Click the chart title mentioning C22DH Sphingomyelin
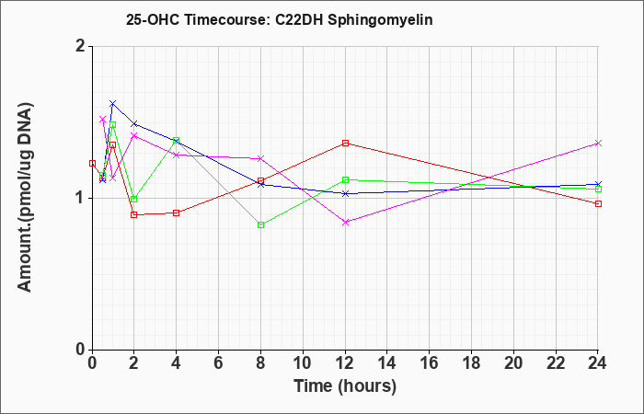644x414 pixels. (280, 19)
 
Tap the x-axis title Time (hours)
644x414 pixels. (345, 386)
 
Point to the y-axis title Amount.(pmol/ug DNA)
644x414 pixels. (25, 198)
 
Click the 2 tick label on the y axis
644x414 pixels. (81, 46)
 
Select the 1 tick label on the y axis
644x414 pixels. (81, 199)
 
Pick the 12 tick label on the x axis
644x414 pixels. (345, 363)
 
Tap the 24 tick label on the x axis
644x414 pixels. (598, 363)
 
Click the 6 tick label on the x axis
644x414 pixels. (219, 363)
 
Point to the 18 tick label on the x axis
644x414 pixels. (471, 363)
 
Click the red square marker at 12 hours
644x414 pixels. (345, 143)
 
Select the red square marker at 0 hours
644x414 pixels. (92, 163)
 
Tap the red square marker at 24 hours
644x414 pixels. (598, 203)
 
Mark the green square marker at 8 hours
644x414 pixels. (260, 225)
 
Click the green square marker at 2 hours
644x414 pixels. (134, 200)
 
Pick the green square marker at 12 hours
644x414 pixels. (345, 179)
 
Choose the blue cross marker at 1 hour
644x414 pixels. (113, 103)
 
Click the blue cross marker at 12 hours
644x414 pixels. (345, 193)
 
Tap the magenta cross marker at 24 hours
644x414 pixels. (598, 143)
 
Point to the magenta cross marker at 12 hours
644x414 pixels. (345, 223)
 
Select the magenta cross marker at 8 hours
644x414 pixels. (260, 158)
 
